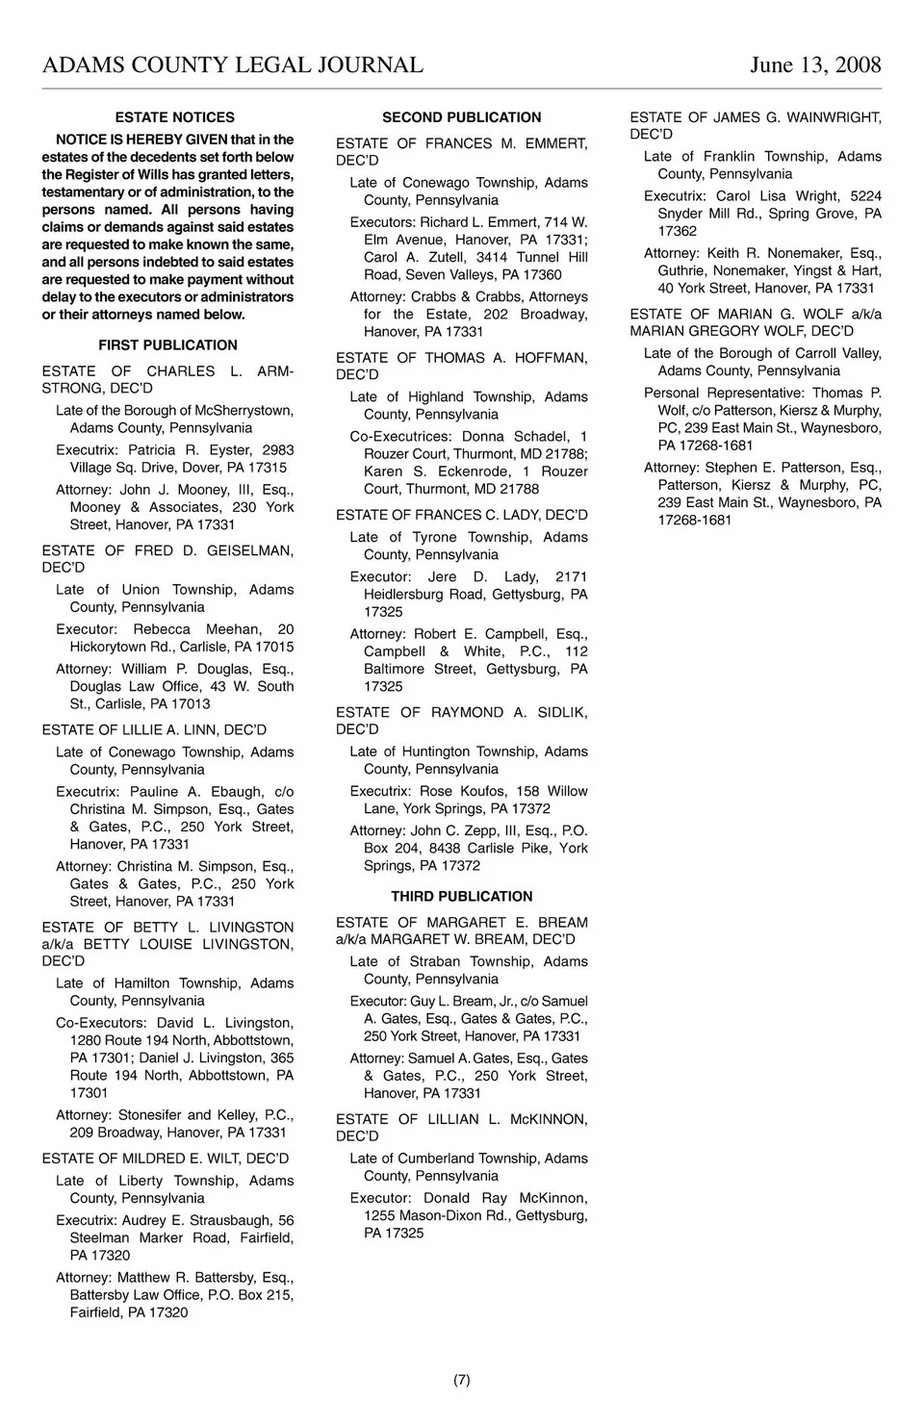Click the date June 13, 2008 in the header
click(x=815, y=64)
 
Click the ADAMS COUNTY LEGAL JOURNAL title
click(x=233, y=64)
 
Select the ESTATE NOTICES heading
click(x=174, y=117)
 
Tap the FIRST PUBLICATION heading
click(x=167, y=345)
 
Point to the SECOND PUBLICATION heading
click(x=462, y=117)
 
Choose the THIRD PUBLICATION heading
click(x=462, y=896)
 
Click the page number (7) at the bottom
click(x=462, y=1380)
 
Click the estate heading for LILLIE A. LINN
click(x=154, y=730)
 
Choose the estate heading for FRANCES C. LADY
click(x=462, y=516)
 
